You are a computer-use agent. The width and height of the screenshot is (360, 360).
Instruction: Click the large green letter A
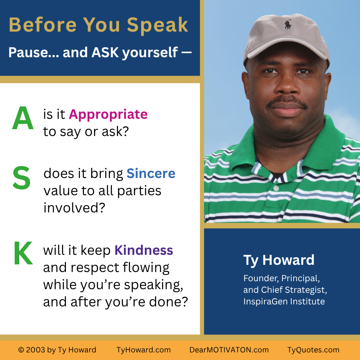[23, 119]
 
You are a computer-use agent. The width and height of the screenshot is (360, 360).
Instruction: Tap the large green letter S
[22, 178]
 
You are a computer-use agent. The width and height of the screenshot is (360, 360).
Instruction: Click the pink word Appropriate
[108, 114]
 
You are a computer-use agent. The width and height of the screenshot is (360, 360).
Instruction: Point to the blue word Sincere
[151, 173]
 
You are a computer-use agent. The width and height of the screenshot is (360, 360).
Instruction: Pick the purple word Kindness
[144, 250]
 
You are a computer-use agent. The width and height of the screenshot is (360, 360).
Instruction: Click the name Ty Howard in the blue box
[279, 260]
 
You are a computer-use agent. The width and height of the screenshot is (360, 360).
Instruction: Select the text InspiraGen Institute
[284, 301]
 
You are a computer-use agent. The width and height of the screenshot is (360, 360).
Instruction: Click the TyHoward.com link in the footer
[144, 350]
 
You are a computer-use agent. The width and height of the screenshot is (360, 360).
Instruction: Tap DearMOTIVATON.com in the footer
[229, 350]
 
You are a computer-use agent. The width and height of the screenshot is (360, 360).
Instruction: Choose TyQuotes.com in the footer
[313, 350]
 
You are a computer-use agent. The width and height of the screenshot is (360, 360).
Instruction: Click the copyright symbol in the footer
[21, 350]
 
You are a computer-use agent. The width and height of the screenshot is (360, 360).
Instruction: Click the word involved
[74, 208]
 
